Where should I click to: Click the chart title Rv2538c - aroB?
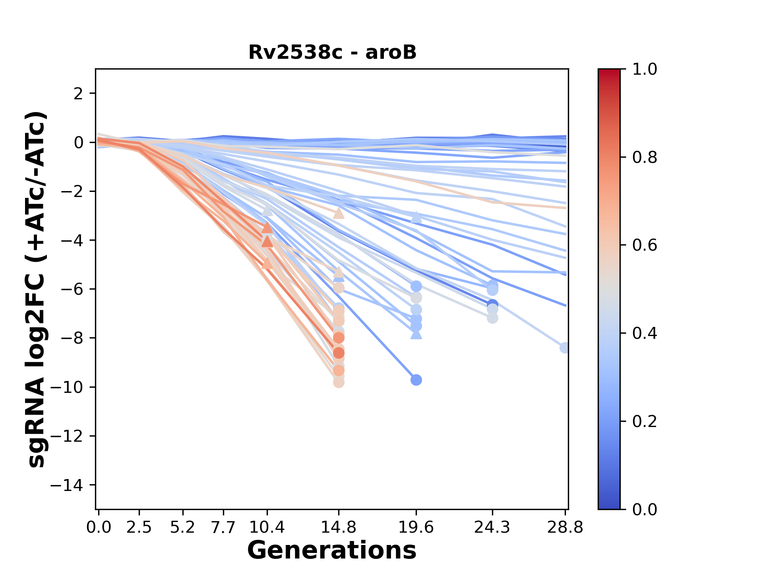pyautogui.click(x=332, y=52)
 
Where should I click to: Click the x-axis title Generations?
pyautogui.click(x=332, y=551)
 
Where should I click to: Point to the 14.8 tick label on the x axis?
pyautogui.click(x=339, y=527)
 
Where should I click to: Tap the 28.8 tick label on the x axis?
pyautogui.click(x=565, y=527)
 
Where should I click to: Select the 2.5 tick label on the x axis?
pyautogui.click(x=139, y=527)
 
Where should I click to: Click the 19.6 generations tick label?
pyautogui.click(x=416, y=527)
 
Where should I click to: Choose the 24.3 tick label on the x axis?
pyautogui.click(x=492, y=527)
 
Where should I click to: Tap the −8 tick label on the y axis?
pyautogui.click(x=72, y=338)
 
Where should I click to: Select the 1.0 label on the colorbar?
pyautogui.click(x=645, y=70)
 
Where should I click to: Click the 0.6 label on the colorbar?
pyautogui.click(x=645, y=245)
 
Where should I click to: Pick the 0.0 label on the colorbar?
pyautogui.click(x=645, y=509)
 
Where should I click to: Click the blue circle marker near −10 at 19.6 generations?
pyautogui.click(x=416, y=380)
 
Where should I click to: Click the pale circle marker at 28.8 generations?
pyautogui.click(x=564, y=348)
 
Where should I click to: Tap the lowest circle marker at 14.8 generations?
pyautogui.click(x=339, y=383)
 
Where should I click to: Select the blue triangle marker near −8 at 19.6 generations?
pyautogui.click(x=416, y=335)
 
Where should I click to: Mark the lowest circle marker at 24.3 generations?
pyautogui.click(x=492, y=318)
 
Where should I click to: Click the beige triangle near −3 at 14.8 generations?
pyautogui.click(x=339, y=214)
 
